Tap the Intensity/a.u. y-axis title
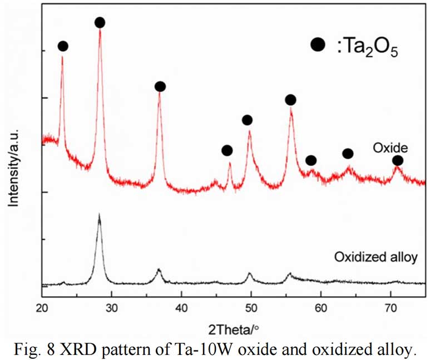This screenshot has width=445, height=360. coord(16,166)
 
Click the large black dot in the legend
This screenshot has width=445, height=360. coord(318,45)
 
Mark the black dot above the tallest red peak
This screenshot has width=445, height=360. coord(100,23)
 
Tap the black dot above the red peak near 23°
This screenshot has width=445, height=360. coord(63,46)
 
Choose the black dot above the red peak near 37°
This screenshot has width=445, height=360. coord(160,86)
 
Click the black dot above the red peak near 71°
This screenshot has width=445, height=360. coord(398,161)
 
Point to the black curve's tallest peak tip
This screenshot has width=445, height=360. coord(99,215)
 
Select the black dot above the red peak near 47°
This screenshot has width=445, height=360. coord(226,150)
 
